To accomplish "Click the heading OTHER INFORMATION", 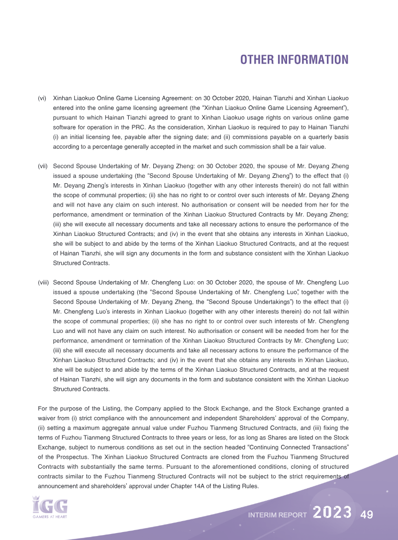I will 294,60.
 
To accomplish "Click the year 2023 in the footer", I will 333,513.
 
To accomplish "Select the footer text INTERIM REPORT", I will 277,515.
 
